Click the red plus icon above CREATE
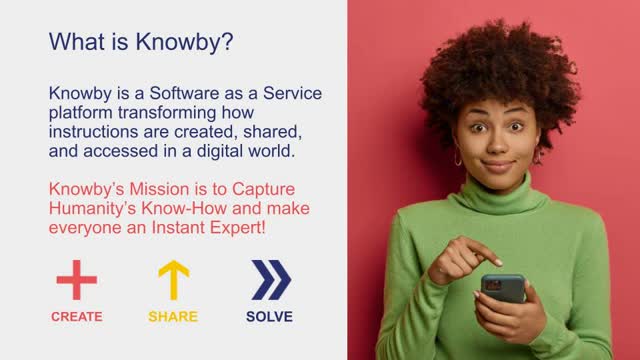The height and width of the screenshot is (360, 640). [x=77, y=280]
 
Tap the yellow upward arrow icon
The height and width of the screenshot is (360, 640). [x=174, y=280]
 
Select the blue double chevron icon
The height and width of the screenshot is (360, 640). [x=271, y=280]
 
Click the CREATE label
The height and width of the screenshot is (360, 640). [x=77, y=317]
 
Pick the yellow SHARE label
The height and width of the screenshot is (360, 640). [x=173, y=317]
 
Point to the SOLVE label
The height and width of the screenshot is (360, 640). [x=269, y=317]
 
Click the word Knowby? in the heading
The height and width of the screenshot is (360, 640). [x=184, y=42]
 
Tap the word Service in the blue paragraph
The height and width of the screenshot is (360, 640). [x=292, y=93]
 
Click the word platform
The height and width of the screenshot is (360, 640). [x=81, y=113]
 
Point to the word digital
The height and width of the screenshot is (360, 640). [x=220, y=151]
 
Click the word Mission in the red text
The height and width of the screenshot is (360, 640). [x=159, y=189]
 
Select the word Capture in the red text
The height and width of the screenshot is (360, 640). [x=263, y=190]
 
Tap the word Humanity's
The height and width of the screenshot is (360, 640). [x=92, y=209]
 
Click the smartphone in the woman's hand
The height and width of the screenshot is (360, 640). [x=503, y=288]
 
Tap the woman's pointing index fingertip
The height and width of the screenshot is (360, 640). [x=498, y=263]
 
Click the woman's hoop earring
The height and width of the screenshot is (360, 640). [x=458, y=158]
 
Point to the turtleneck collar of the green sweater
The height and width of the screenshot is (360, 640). [x=499, y=195]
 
